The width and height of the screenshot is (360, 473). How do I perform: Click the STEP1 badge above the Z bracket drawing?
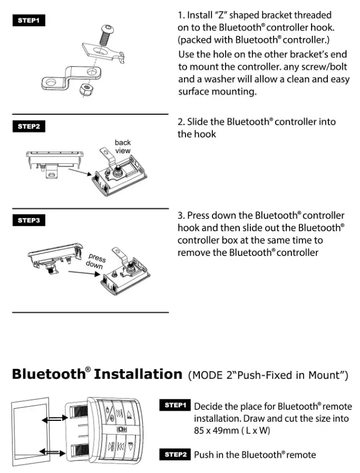click(29, 21)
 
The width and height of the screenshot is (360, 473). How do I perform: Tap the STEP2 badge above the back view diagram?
click(29, 126)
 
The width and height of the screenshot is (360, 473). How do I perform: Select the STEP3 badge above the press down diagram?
click(29, 220)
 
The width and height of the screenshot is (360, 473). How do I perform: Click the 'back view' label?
click(122, 146)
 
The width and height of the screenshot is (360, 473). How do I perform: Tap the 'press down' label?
click(96, 261)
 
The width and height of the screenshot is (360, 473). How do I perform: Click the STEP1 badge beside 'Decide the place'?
click(176, 405)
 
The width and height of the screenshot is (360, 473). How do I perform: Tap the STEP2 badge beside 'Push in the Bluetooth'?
click(176, 454)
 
